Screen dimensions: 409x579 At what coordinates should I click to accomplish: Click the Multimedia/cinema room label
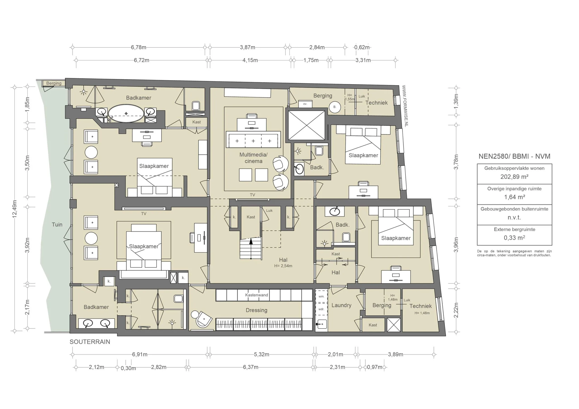pyautogui.click(x=254, y=158)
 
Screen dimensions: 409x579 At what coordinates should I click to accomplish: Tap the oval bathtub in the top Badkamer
pyautogui.click(x=126, y=114)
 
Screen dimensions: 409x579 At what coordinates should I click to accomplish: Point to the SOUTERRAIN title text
pyautogui.click(x=90, y=342)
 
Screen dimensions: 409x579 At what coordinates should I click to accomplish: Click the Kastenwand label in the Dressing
pyautogui.click(x=256, y=295)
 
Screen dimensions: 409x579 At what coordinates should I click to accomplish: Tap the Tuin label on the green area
pyautogui.click(x=57, y=225)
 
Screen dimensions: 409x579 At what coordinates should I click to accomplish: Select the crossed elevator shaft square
pyautogui.click(x=306, y=125)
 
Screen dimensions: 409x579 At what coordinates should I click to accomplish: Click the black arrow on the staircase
pyautogui.click(x=251, y=241)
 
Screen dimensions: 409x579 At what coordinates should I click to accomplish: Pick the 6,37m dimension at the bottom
pyautogui.click(x=250, y=367)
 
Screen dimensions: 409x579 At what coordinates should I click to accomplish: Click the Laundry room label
pyautogui.click(x=341, y=305)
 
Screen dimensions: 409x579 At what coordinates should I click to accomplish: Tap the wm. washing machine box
pyautogui.click(x=321, y=296)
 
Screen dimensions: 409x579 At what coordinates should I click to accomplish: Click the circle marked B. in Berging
pyautogui.click(x=335, y=107)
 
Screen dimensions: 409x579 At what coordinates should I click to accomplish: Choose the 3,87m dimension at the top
pyautogui.click(x=247, y=47)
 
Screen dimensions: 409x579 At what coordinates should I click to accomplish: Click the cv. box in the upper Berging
pyautogui.click(x=305, y=104)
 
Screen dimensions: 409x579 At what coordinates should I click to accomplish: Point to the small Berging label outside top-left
pyautogui.click(x=54, y=83)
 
